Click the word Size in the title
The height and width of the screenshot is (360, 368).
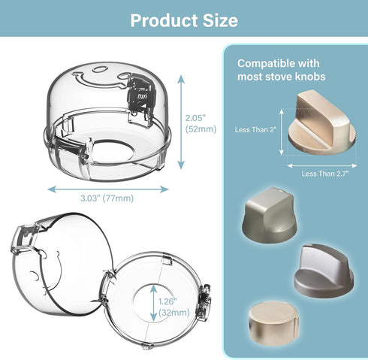pos(220,20)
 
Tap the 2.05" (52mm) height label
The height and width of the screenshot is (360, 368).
pos(201,123)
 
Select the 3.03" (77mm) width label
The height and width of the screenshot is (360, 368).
pos(107,198)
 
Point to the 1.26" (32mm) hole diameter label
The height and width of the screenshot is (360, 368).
pos(174,307)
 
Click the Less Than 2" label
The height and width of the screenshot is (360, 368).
pos(255,129)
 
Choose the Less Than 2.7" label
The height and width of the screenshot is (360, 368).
pos(324,174)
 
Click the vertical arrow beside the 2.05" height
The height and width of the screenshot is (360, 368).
pos(181,122)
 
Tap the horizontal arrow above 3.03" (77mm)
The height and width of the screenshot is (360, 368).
pos(108,189)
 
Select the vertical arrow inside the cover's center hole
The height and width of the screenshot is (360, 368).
pos(153,303)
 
